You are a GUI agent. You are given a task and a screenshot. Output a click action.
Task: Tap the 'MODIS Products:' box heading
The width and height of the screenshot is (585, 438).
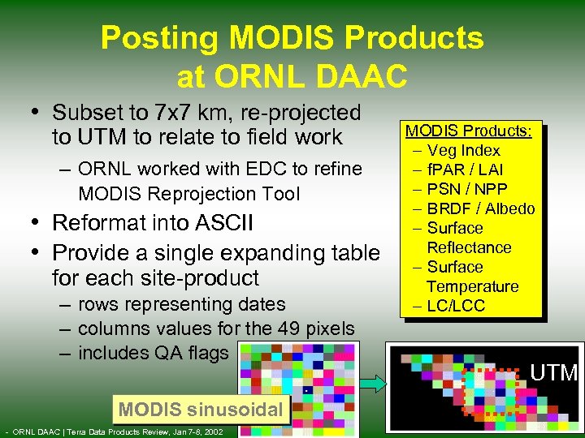click(469, 131)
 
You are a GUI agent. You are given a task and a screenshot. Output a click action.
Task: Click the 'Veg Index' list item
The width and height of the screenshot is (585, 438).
click(463, 150)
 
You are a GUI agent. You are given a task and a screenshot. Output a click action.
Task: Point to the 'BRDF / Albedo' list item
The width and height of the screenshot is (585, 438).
click(481, 208)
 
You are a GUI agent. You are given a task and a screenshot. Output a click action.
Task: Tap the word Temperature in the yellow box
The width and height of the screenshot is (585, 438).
click(472, 286)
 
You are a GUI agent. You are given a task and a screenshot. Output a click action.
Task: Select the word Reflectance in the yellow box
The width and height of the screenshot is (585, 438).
click(469, 247)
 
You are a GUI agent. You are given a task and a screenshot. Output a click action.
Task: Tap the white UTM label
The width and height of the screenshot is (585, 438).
click(553, 373)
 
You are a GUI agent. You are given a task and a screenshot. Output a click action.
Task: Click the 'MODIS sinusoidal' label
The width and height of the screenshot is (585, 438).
click(200, 410)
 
